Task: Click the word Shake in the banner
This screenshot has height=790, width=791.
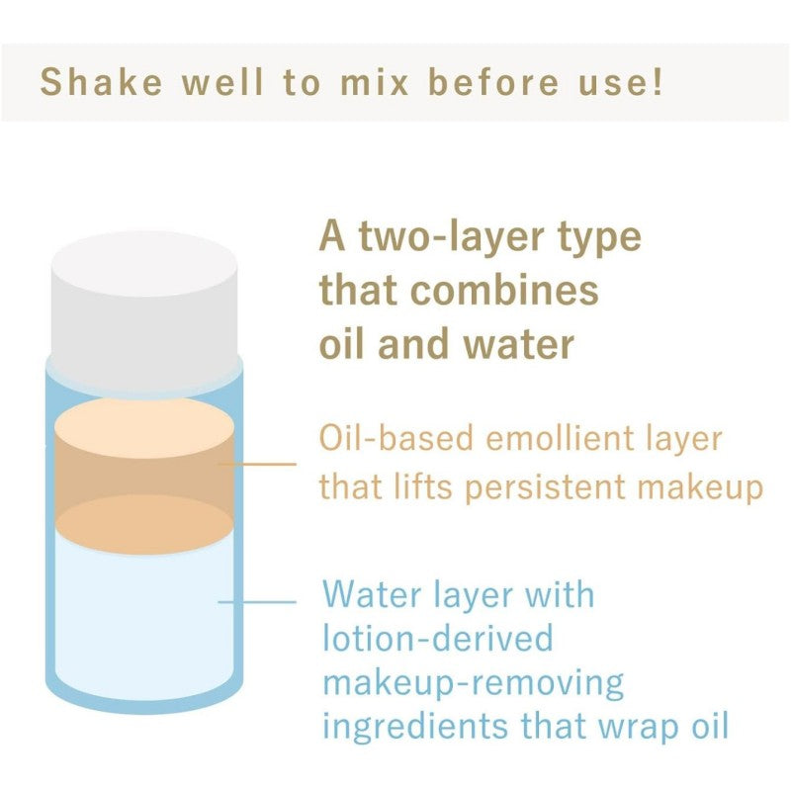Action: pyautogui.click(x=102, y=82)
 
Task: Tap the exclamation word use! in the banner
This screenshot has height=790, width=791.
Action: pyautogui.click(x=620, y=82)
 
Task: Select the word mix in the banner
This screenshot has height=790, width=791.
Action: pyautogui.click(x=375, y=82)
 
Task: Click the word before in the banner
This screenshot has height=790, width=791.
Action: pyautogui.click(x=493, y=82)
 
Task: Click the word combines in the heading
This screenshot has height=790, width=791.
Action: pyautogui.click(x=505, y=290)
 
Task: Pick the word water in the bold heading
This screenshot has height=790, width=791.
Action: pyautogui.click(x=519, y=344)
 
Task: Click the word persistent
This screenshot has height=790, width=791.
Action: pyautogui.click(x=546, y=488)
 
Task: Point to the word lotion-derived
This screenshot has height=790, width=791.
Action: pyautogui.click(x=438, y=638)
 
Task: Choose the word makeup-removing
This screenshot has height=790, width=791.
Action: pyautogui.click(x=474, y=683)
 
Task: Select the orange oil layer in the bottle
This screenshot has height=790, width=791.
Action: pyautogui.click(x=144, y=477)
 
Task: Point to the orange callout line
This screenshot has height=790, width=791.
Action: pyautogui.click(x=257, y=464)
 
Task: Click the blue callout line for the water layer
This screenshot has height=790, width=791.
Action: pyautogui.click(x=257, y=602)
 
